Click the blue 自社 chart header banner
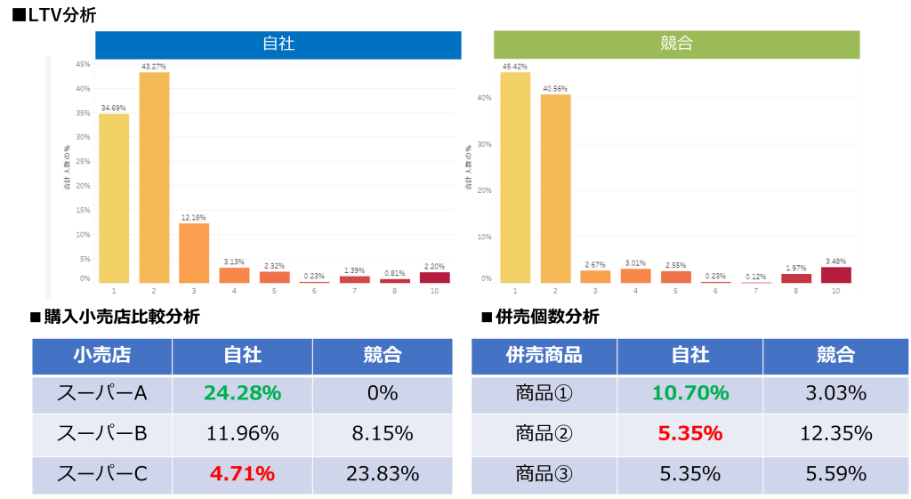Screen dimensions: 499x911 click(278, 44)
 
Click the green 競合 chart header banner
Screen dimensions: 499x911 click(677, 44)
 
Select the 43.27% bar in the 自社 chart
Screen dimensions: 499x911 click(154, 178)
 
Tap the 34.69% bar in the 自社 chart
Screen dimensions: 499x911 click(114, 198)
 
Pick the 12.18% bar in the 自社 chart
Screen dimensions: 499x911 click(194, 253)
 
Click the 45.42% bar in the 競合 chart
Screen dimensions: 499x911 click(515, 178)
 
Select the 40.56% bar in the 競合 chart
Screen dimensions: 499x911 click(555, 189)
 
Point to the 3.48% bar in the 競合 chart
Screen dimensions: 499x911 click(835, 275)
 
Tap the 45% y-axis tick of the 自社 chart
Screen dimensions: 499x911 click(83, 64)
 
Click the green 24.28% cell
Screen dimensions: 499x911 click(242, 393)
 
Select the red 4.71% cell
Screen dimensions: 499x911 click(242, 473)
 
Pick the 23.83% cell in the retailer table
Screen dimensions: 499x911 click(383, 473)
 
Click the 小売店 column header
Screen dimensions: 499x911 click(101, 355)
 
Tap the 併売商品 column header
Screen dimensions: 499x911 click(544, 355)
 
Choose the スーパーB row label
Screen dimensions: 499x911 click(101, 433)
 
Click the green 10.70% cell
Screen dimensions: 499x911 click(689, 393)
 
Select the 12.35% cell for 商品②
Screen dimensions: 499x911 click(835, 433)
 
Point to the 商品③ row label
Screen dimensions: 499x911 click(544, 473)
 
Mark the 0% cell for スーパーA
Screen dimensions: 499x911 click(383, 393)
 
